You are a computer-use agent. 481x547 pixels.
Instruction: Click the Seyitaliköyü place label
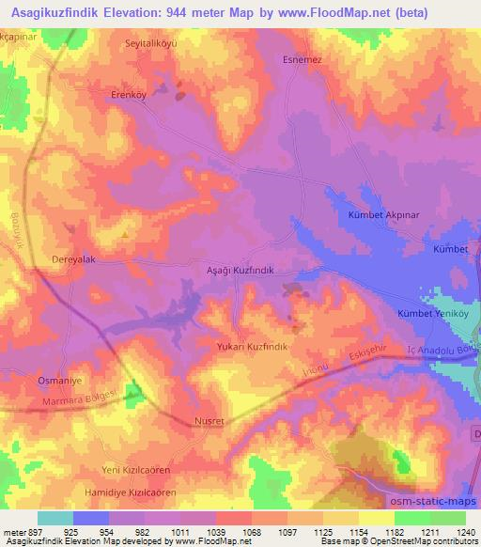coord(150,44)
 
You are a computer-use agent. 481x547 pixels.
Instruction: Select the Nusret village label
coord(206,421)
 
